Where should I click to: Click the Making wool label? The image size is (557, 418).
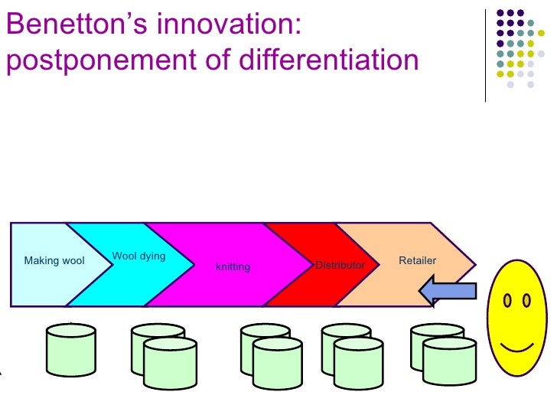tap(54, 261)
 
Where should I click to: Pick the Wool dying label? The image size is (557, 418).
tap(138, 256)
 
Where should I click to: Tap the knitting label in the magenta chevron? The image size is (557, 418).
tap(233, 266)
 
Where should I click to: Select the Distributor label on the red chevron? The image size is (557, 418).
tap(340, 265)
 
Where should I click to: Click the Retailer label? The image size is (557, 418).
tap(417, 260)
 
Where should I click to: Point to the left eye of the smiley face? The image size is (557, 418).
tap(507, 301)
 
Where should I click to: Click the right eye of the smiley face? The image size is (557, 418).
tap(526, 301)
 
